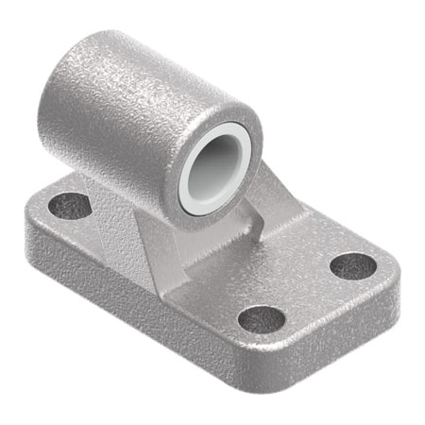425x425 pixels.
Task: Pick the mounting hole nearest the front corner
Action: [x=261, y=318]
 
